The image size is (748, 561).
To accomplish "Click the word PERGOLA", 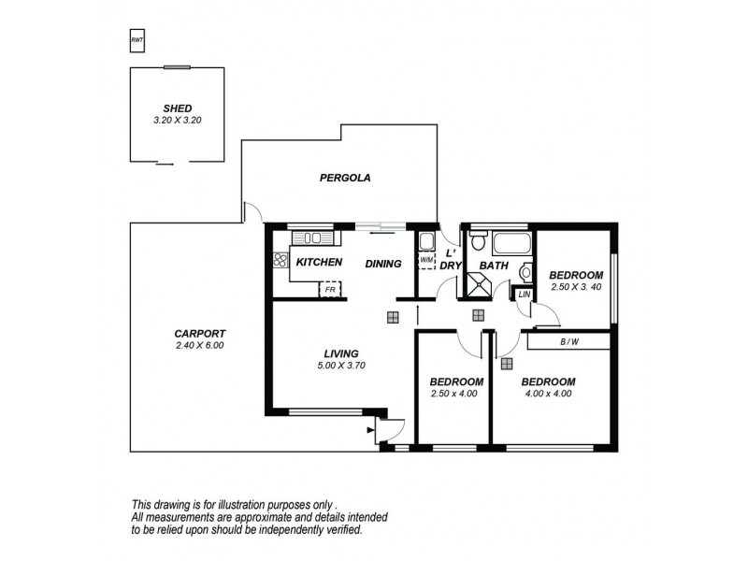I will [340, 178].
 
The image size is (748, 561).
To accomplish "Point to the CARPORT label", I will [200, 334].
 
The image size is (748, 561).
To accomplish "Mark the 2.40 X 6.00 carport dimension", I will [200, 346].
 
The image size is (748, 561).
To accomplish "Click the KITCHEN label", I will [319, 263].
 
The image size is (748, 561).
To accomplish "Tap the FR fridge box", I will [329, 289].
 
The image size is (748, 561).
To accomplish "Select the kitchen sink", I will [306, 238].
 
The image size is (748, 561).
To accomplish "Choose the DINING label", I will [383, 264].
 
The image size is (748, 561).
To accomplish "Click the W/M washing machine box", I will [426, 260].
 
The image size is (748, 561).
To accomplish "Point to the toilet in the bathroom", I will [478, 244].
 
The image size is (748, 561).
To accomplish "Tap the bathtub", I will [511, 246].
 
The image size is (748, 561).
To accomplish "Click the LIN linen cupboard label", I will [523, 295].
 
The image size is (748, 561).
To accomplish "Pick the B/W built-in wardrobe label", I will [568, 342].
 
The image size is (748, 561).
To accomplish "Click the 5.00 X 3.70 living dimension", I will [341, 366].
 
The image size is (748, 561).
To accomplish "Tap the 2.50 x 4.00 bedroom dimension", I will [455, 394].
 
